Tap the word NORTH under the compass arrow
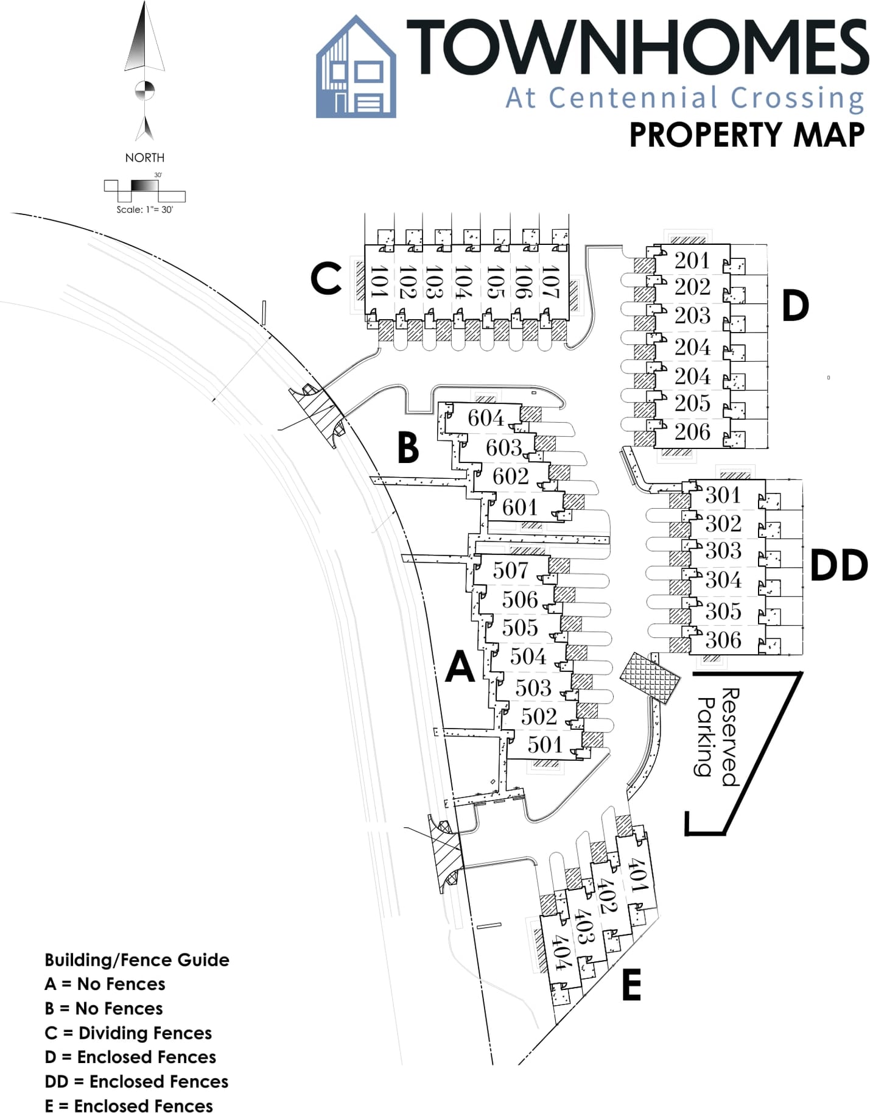click(x=144, y=158)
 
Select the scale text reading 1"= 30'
click(x=144, y=210)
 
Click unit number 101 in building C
click(x=379, y=281)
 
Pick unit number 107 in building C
click(x=550, y=281)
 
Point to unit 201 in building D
click(x=692, y=261)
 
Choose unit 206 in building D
click(x=692, y=432)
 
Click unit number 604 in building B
click(x=486, y=418)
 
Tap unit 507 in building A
click(x=510, y=570)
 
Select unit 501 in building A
click(x=545, y=744)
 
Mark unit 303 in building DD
click(x=723, y=551)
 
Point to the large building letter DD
click(x=839, y=565)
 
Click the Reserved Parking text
click(x=718, y=737)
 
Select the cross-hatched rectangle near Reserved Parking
click(x=650, y=678)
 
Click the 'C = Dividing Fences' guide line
click(x=128, y=1033)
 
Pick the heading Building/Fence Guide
click(x=137, y=959)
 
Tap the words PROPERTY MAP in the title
click(x=746, y=135)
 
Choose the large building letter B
click(x=408, y=448)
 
